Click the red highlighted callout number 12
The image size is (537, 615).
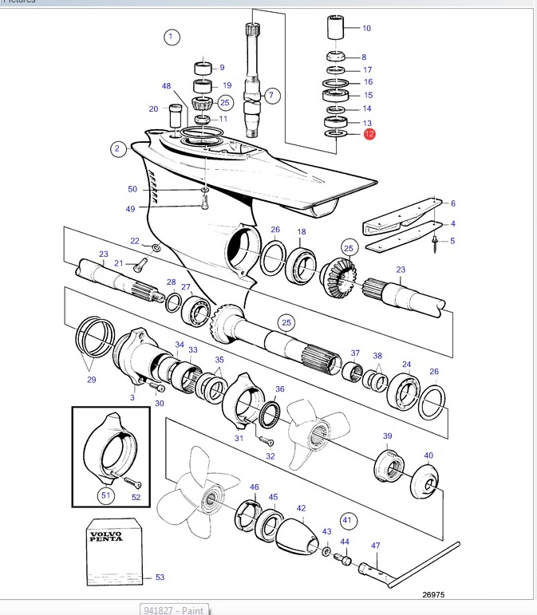click(369, 134)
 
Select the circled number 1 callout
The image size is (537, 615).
click(172, 37)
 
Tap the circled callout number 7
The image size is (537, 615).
click(272, 95)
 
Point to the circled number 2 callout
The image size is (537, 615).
click(117, 148)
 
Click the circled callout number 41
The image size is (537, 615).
click(348, 520)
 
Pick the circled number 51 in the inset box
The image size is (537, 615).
click(106, 495)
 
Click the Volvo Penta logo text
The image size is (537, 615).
click(106, 536)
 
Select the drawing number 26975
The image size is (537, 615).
click(433, 594)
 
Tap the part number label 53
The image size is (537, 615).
click(160, 577)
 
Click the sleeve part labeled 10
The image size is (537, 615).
click(336, 27)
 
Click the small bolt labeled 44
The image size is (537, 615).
click(343, 559)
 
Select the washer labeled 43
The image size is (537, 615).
click(326, 551)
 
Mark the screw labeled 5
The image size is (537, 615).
click(435, 243)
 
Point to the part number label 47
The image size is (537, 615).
click(375, 545)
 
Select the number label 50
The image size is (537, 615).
click(132, 189)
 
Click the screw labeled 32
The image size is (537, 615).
click(266, 440)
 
